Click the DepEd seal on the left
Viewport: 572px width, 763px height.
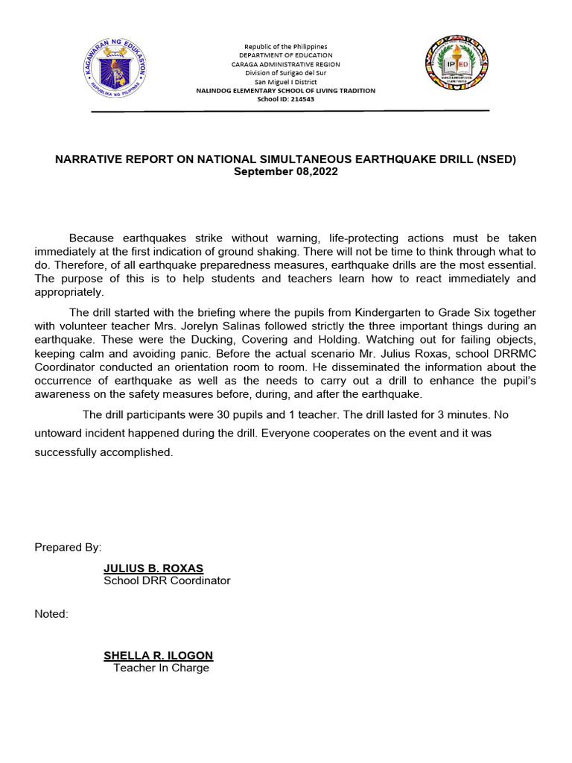[x=115, y=72]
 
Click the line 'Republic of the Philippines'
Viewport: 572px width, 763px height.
[x=286, y=46]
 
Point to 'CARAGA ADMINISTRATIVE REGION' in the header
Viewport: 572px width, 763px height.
[x=286, y=64]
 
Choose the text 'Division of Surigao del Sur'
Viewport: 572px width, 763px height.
[x=286, y=73]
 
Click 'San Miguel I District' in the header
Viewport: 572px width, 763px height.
[x=286, y=82]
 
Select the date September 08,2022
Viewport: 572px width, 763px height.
[x=286, y=171]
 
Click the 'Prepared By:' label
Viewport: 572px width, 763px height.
[x=68, y=548]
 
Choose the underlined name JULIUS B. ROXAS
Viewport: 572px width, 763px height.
[x=153, y=569]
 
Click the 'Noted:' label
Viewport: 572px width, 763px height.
[x=51, y=614]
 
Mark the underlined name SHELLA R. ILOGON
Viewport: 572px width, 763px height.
[x=158, y=656]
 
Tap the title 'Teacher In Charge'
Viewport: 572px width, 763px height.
[x=161, y=668]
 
